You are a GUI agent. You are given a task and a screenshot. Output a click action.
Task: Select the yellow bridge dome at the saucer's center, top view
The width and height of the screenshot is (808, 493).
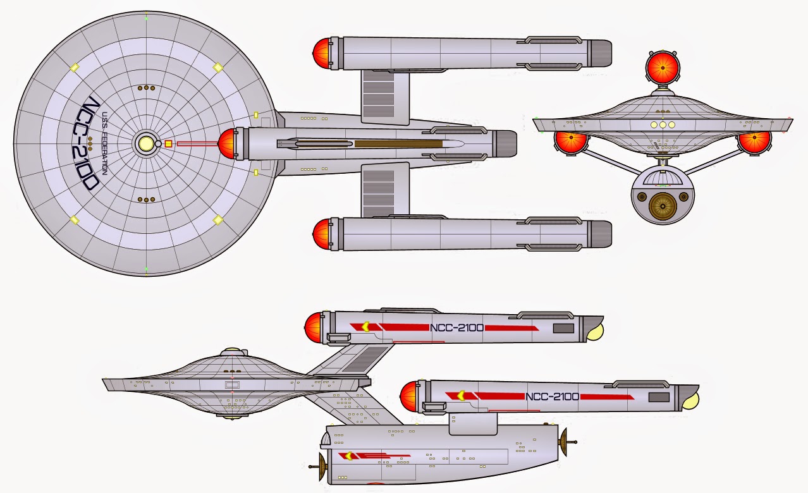146,143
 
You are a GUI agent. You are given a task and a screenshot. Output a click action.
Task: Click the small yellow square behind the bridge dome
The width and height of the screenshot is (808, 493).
168,143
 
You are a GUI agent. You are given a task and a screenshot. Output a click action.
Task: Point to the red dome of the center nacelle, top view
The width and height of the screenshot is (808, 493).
228,143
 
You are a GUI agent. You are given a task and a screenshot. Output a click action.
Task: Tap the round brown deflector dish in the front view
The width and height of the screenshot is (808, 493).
662,206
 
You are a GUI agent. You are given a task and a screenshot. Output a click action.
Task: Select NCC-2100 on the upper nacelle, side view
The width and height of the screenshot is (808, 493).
456,327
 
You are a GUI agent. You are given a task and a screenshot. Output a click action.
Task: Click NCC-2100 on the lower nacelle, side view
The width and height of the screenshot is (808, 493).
552,396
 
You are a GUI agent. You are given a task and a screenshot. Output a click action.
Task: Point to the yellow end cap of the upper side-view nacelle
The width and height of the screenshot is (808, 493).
595,331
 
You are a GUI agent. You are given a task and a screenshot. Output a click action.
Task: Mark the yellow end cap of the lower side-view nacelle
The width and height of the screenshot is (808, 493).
690,399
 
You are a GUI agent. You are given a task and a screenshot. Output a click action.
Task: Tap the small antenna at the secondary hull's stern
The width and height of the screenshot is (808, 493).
568,441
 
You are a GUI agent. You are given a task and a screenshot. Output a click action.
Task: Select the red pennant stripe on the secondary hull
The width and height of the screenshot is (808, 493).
373,455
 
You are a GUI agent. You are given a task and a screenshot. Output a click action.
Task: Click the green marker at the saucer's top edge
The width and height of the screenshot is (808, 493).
146,18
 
